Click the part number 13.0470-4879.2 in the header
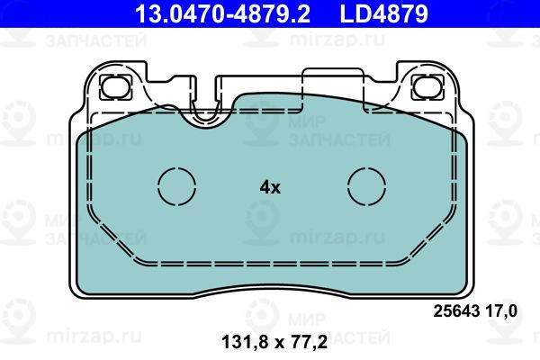tap(222, 13)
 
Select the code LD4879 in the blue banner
tap(384, 13)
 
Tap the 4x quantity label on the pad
tap(270, 187)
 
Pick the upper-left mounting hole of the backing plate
tap(116, 87)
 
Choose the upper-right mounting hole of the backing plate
tap(428, 87)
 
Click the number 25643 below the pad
tap(456, 311)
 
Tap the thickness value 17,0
tap(501, 311)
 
